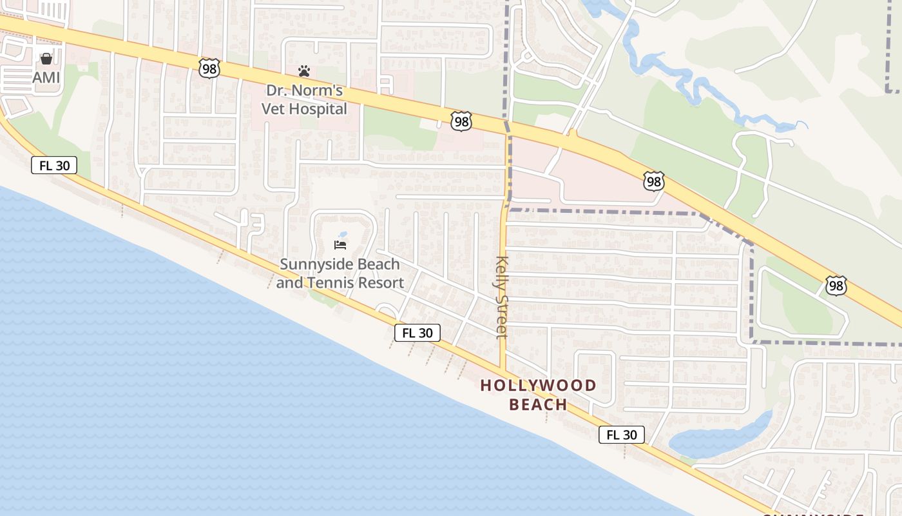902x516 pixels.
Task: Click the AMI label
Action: [46, 77]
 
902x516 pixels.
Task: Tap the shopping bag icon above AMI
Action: [46, 59]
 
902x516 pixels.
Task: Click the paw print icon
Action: [304, 70]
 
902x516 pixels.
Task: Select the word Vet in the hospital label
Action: [274, 108]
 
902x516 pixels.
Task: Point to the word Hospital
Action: [318, 108]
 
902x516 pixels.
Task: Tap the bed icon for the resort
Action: [340, 244]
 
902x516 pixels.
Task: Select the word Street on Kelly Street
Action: [503, 315]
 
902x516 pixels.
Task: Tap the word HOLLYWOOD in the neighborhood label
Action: [538, 386]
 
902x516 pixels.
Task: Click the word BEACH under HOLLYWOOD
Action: [538, 405]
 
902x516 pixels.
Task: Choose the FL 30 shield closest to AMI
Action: [54, 165]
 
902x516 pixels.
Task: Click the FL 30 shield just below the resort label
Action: [417, 333]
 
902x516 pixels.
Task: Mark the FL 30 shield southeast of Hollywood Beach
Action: [622, 435]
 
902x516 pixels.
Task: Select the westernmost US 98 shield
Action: [209, 68]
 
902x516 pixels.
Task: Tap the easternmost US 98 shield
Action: [836, 285]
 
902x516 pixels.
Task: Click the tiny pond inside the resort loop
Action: [342, 234]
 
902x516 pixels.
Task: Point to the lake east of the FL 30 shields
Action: [715, 439]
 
